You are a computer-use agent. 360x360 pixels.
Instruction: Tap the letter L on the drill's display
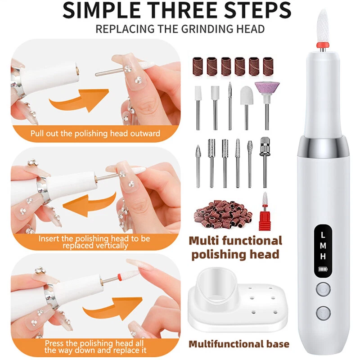[x=323, y=235]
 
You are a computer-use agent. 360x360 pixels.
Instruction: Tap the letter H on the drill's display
[x=323, y=256]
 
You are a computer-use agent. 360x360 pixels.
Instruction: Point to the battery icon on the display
[x=323, y=269]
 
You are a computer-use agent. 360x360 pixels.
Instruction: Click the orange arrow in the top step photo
[x=79, y=100]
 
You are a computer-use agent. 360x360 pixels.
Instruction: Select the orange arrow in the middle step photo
[x=90, y=203]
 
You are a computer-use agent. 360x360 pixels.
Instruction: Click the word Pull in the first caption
[x=37, y=133]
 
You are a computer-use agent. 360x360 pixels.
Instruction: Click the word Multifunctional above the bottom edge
[x=226, y=344]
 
